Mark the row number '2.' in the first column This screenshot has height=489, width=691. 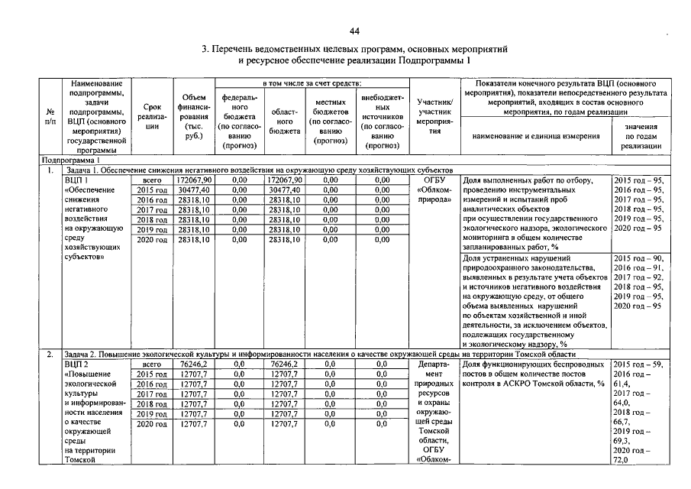coord(50,355)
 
